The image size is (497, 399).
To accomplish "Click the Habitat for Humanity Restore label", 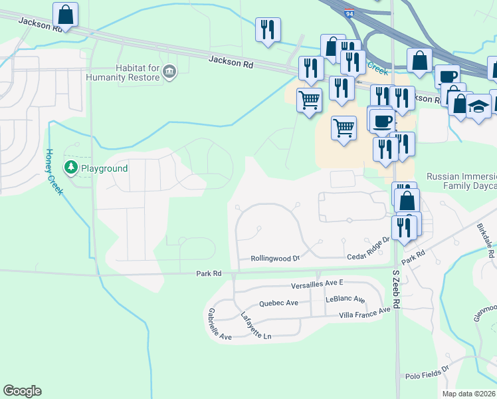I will click(123, 72).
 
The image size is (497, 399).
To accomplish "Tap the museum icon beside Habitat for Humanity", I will click(169, 72).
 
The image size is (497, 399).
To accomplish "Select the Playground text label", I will click(104, 168).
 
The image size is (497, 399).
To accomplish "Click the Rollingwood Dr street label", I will click(275, 258).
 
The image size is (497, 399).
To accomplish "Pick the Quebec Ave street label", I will click(278, 303).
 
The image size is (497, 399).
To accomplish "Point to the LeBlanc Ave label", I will click(346, 300).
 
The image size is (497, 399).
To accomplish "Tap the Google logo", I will click(22, 391).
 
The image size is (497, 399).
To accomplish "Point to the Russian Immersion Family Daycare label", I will click(461, 182).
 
